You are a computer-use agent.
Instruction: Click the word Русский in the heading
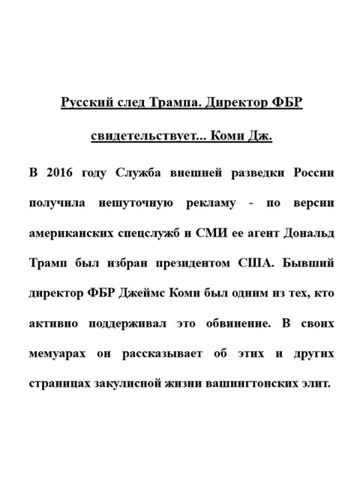pos(83,102)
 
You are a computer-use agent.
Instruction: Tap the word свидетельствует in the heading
pos(145,137)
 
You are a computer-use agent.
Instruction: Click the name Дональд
pos(304,233)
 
